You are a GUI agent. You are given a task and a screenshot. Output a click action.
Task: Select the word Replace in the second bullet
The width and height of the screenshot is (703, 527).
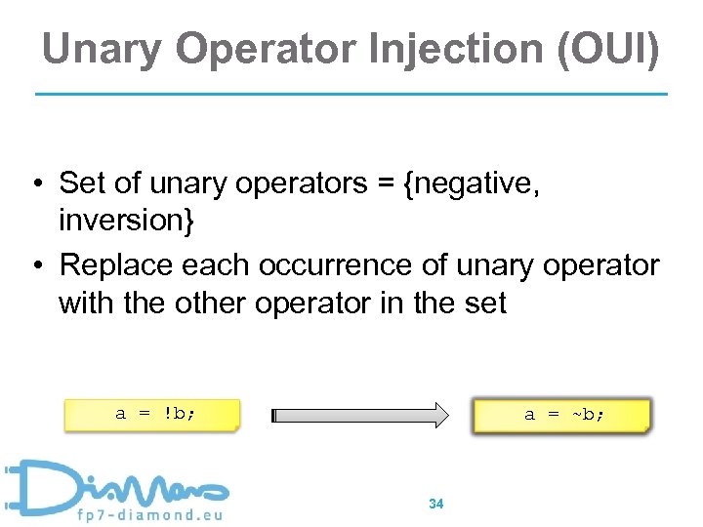point(120,265)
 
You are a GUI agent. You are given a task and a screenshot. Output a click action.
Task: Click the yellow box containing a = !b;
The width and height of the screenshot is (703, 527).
point(151,414)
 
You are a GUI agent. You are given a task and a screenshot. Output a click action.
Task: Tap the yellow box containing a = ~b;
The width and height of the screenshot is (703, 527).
point(560,414)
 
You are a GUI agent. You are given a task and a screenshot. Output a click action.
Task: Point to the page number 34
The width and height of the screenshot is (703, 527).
point(436,504)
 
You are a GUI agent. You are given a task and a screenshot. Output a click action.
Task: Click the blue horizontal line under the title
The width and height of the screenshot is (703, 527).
point(351,94)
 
